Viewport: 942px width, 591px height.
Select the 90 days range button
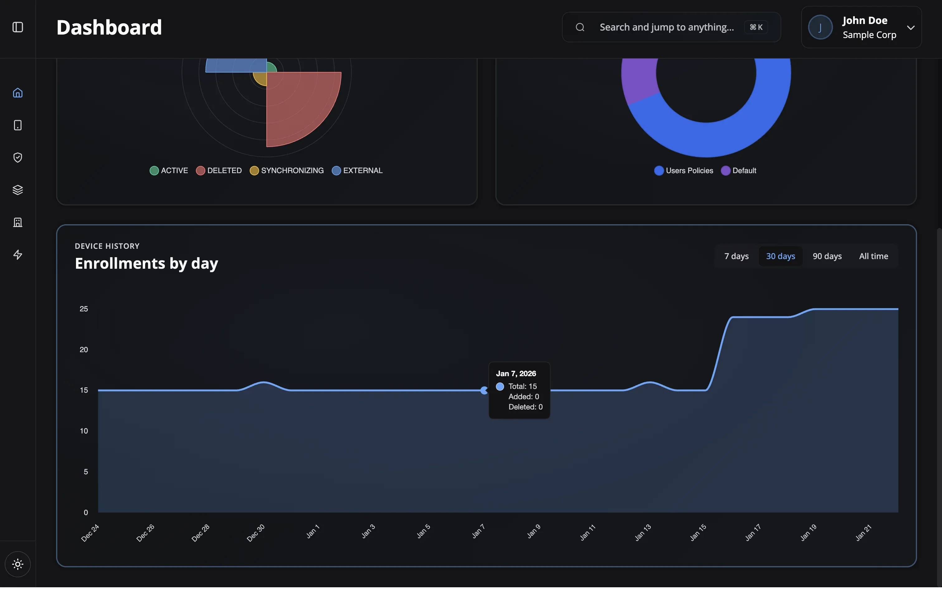tap(827, 256)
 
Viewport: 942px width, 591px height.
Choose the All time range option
tap(873, 256)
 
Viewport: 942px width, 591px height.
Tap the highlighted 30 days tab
tap(780, 256)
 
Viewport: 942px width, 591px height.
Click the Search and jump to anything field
tap(666, 27)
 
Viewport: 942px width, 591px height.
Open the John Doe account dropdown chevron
tap(910, 28)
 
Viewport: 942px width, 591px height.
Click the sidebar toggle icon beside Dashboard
tap(17, 27)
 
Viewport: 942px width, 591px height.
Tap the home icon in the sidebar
tap(17, 93)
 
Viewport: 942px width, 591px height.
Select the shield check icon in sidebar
tap(17, 158)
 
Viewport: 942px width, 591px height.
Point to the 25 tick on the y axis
tap(84, 309)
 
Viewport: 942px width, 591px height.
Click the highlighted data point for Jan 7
tap(484, 390)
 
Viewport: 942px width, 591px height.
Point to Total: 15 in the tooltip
tap(522, 386)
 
